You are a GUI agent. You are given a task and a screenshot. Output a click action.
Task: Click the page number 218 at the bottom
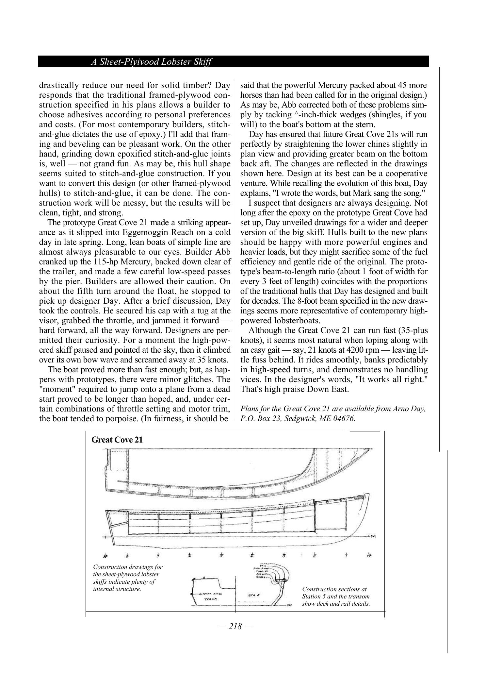click(x=235, y=626)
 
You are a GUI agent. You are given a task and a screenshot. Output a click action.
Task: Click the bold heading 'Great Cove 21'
click(x=117, y=439)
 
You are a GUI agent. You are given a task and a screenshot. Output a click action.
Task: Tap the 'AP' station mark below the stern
click(x=105, y=555)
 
